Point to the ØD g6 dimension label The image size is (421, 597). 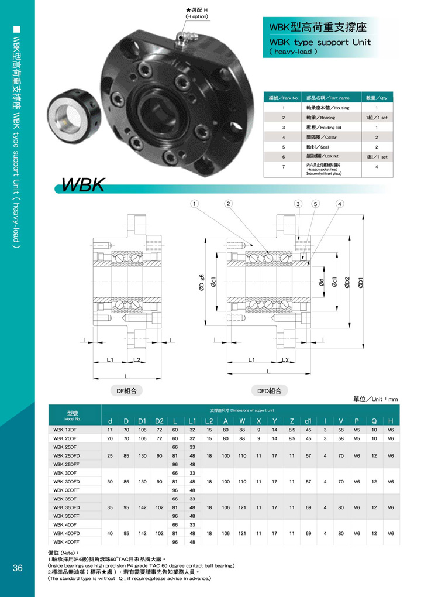[201, 282]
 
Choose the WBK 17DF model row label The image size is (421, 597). [65, 430]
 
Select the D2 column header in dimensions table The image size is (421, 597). [159, 421]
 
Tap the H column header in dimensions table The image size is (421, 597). [390, 421]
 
